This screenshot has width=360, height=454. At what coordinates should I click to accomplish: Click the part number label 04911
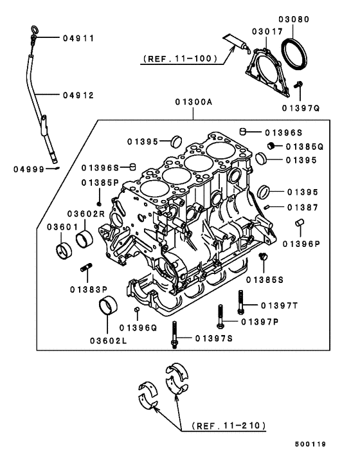click(78, 39)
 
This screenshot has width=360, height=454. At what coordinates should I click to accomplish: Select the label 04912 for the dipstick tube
click(78, 95)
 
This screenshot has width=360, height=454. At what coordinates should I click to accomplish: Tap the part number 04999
click(30, 169)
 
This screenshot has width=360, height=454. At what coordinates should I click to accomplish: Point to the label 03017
click(267, 31)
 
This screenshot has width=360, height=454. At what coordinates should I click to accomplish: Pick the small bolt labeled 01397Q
click(298, 84)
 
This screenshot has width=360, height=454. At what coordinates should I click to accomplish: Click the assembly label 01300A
click(193, 102)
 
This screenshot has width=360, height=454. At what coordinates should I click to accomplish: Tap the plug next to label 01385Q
click(271, 146)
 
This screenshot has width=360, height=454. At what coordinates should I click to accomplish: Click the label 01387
click(303, 207)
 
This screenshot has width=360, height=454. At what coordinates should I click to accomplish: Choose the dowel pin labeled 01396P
click(299, 223)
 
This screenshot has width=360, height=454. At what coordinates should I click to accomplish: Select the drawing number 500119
click(328, 444)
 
